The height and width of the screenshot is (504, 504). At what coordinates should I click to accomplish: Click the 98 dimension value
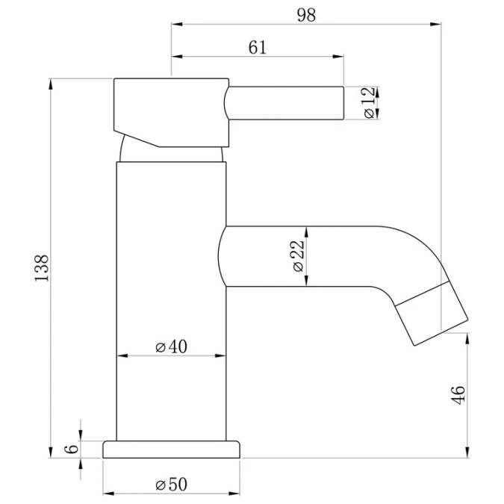pos(306,15)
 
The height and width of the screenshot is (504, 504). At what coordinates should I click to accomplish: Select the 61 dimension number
pos(258,48)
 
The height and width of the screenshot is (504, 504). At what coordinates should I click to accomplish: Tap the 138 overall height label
pos(42,268)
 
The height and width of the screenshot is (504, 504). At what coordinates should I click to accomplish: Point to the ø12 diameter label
pos(369,102)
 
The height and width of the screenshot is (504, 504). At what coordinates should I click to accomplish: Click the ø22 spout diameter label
pos(298,256)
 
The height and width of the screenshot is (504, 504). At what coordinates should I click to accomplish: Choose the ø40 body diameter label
pos(171,346)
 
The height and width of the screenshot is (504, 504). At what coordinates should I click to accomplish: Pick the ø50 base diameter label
pos(171,484)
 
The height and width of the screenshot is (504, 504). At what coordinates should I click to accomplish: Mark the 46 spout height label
pos(458,395)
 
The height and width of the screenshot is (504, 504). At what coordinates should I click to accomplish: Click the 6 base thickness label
pos(72,449)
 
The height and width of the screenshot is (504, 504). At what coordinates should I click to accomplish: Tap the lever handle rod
pos(284,103)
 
